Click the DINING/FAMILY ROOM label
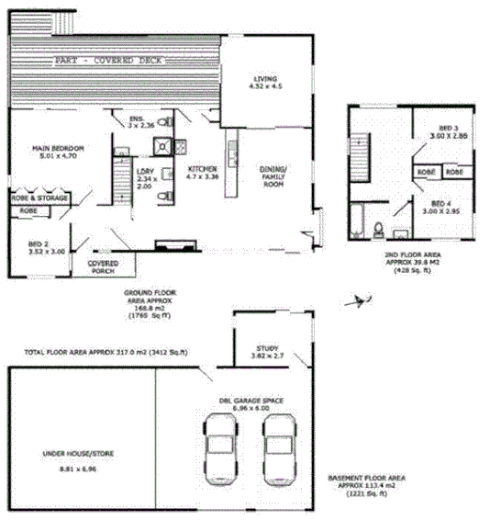point(273,176)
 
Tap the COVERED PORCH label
point(103,266)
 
